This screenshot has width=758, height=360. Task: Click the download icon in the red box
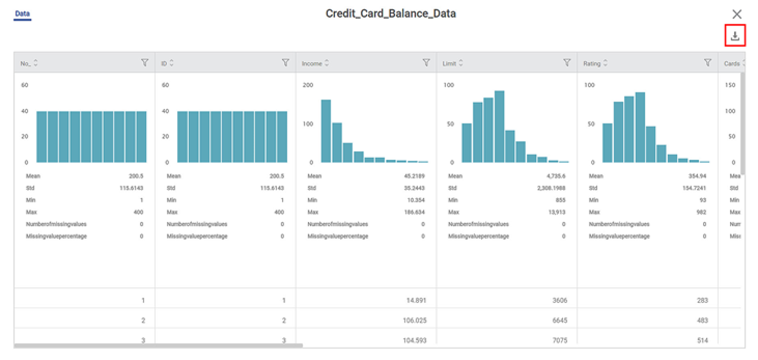735,36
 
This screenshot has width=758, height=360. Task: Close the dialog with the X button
737,14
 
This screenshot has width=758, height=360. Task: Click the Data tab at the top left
22,14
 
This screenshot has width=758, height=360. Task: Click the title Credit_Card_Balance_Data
390,13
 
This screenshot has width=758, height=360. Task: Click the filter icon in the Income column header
426,63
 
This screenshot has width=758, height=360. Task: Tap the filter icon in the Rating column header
707,63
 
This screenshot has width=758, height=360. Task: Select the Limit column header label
449,64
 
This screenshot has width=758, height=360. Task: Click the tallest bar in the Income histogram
326,131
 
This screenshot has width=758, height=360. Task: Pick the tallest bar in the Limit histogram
499,127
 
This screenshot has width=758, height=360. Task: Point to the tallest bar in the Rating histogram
640,128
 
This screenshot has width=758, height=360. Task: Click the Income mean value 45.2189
414,176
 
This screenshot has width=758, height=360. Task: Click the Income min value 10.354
416,200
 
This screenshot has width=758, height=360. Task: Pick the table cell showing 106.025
414,321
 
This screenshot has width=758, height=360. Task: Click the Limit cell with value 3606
559,300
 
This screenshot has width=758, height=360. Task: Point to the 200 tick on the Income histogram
307,85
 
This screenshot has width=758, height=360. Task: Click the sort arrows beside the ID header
172,64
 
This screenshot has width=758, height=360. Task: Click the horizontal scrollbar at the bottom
158,345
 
